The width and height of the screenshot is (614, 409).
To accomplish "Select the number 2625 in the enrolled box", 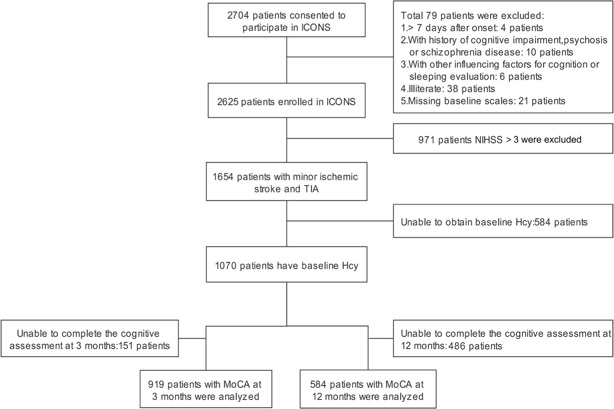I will click(228, 102).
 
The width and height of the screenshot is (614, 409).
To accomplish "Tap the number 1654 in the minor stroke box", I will click(223, 177).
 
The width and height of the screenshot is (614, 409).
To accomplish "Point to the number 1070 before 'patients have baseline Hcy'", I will click(226, 266).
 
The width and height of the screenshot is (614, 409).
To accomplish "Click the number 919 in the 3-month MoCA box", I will click(156, 384).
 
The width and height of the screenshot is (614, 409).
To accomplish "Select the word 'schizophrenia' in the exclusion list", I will click(451, 52).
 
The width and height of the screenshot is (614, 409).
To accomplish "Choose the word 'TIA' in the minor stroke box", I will click(311, 189).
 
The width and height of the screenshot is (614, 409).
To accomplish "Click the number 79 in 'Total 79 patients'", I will click(431, 16).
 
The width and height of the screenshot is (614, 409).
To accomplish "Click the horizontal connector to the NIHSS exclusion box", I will click(340, 138).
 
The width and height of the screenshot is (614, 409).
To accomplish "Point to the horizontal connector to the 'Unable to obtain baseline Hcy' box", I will click(340, 221).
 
